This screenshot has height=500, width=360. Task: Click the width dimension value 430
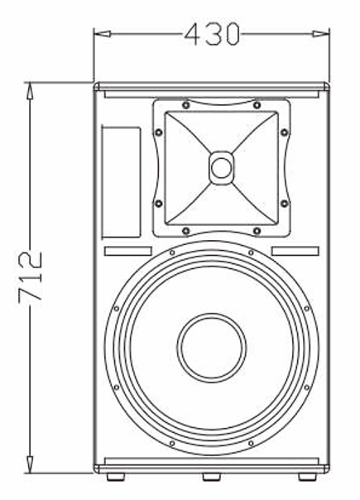click(x=211, y=34)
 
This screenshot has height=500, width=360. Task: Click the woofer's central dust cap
click(x=212, y=347)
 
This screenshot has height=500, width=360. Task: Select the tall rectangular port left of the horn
click(x=122, y=180)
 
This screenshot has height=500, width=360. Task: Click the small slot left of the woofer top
click(x=127, y=251)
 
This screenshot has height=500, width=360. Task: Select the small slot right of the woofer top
click(x=295, y=251)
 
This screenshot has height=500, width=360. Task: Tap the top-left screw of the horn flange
click(x=186, y=105)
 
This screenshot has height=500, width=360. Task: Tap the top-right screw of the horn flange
click(x=257, y=105)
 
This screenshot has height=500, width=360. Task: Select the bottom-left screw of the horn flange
click(x=186, y=229)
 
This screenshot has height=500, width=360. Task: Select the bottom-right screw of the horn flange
click(x=257, y=229)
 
